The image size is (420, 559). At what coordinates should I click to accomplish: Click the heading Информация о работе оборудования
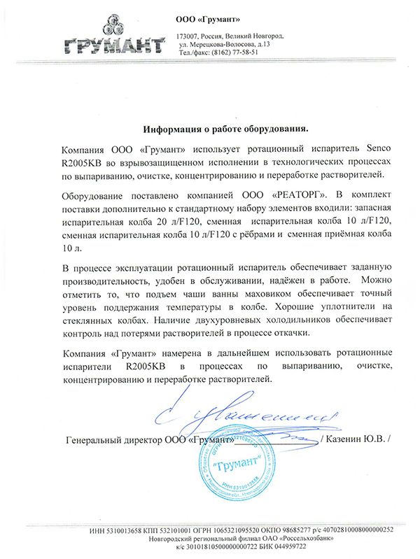coord(225,129)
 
